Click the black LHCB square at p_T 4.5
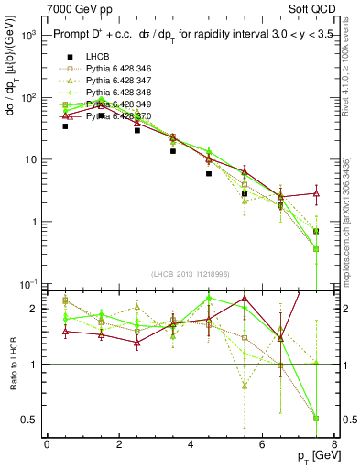[x=209, y=173]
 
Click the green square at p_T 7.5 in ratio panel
[x=316, y=419]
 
